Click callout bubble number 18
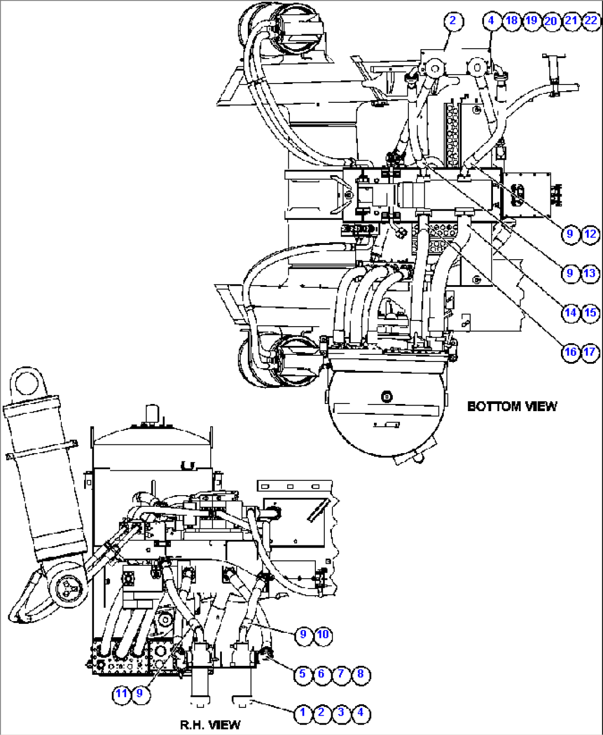point(512,21)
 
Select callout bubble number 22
point(591,21)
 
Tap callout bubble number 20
point(551,21)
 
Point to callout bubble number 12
point(590,234)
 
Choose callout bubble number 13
point(590,273)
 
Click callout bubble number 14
point(570,313)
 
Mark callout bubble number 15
point(590,313)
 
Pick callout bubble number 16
point(570,352)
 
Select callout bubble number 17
point(590,352)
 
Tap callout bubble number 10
point(323,635)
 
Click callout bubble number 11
point(121,694)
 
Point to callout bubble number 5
point(303,674)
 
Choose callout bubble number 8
point(361,674)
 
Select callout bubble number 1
point(303,713)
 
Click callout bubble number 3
point(341,713)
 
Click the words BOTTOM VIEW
point(512,406)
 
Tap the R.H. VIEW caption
point(210,725)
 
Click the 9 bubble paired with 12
point(570,234)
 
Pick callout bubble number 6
point(321,674)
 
